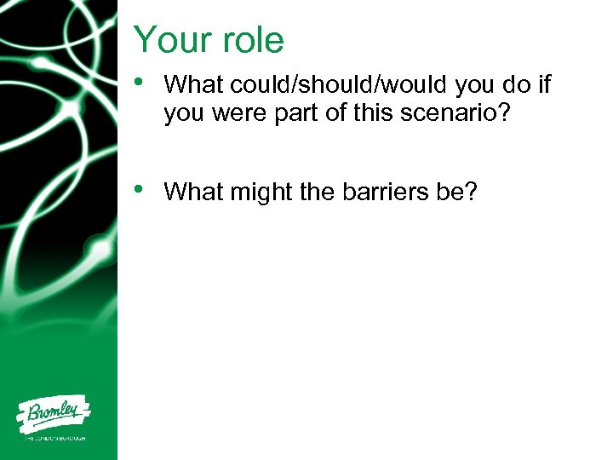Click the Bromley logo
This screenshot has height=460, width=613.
coord(54,416)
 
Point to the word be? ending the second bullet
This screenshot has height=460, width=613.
coord(458,193)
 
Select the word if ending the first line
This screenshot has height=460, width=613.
coord(546,84)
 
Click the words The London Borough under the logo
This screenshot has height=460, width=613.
coord(54,440)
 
